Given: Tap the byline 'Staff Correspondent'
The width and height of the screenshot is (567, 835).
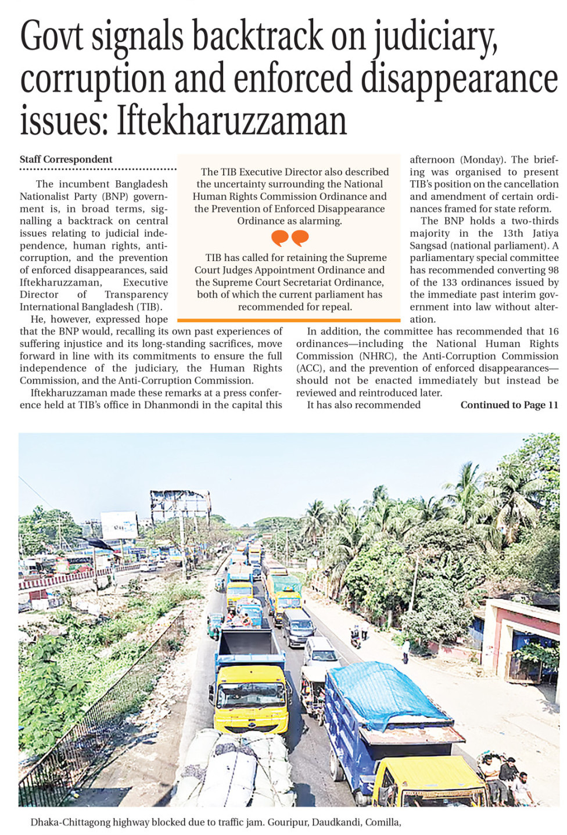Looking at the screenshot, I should pyautogui.click(x=66, y=159).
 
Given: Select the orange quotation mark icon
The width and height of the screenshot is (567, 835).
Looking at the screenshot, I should pyautogui.click(x=289, y=238).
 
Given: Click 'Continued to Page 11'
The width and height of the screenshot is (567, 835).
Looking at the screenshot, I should pyautogui.click(x=509, y=405).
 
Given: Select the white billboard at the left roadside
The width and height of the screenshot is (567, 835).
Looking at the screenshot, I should pyautogui.click(x=119, y=526).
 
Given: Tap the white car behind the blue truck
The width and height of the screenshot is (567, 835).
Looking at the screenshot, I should pyautogui.click(x=321, y=651).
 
